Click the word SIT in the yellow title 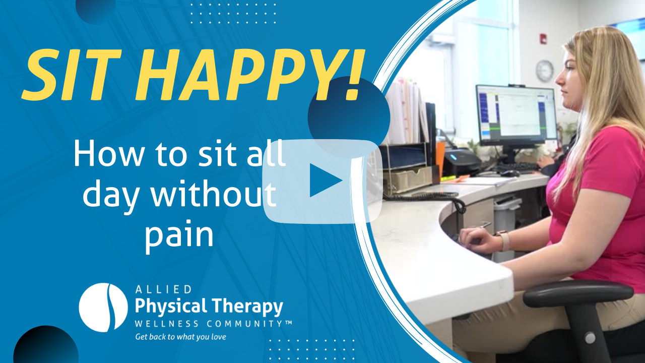72,75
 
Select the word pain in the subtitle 179,235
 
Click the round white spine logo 103,308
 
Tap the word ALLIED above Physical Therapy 163,289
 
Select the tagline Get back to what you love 180,337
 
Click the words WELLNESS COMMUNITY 213,324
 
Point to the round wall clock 545,71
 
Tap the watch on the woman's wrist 504,240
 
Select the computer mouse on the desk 510,173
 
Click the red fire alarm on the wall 543,38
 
